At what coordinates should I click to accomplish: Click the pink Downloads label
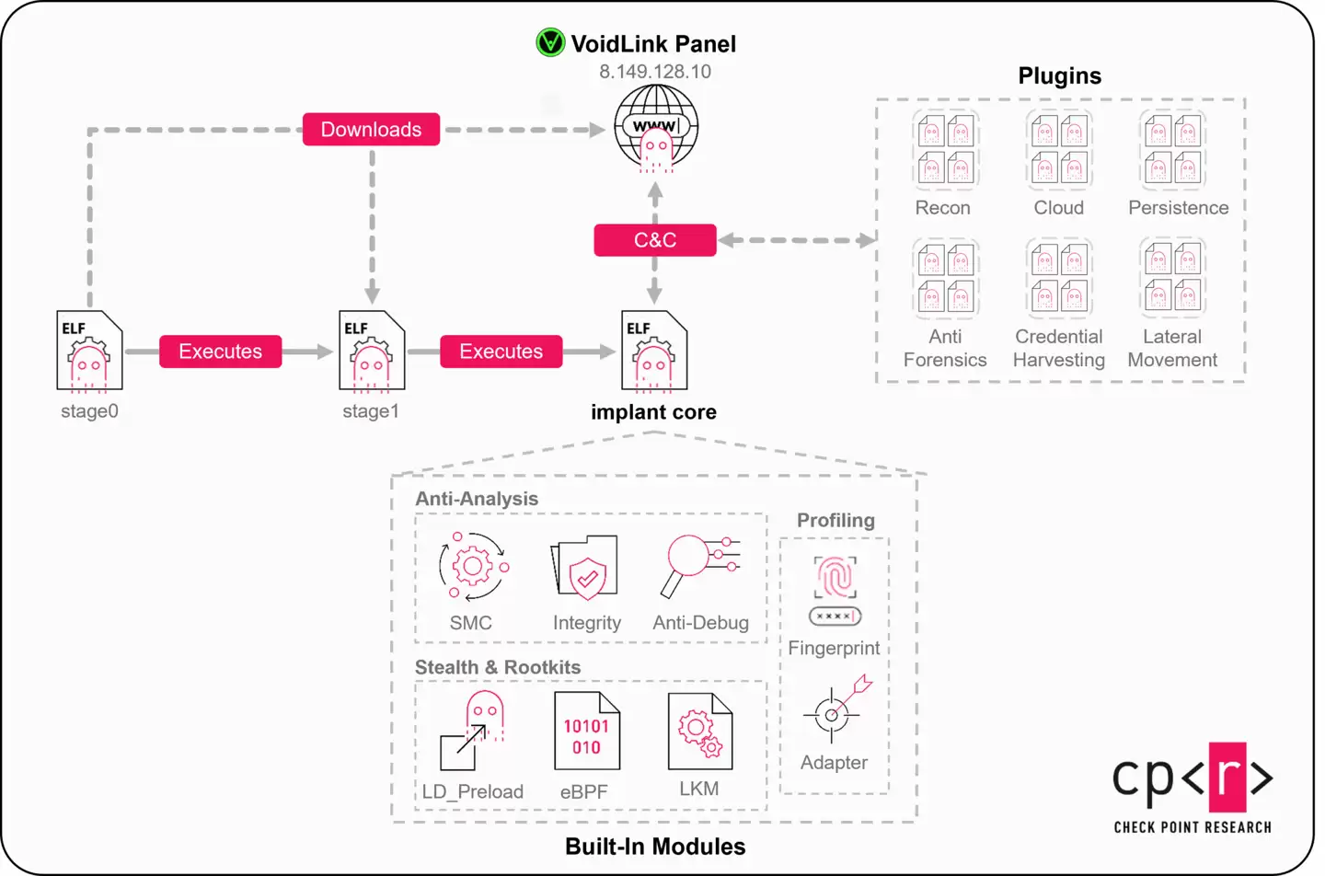click(x=371, y=130)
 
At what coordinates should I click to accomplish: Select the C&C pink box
click(x=654, y=240)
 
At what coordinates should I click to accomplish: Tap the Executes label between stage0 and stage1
click(x=220, y=352)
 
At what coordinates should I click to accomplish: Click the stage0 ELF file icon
click(x=89, y=352)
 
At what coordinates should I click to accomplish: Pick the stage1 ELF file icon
click(x=372, y=352)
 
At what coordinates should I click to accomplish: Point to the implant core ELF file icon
click(x=654, y=352)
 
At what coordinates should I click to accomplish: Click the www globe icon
click(x=656, y=128)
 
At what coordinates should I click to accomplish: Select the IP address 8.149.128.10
click(x=655, y=72)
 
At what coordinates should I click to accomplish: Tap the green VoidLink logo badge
click(x=550, y=42)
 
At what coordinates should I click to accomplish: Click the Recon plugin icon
click(x=945, y=149)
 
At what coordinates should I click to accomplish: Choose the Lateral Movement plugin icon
click(x=1172, y=277)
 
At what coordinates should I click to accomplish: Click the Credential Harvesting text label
click(x=1058, y=348)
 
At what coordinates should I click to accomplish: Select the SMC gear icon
click(x=473, y=566)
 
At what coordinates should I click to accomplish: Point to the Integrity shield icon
click(x=585, y=568)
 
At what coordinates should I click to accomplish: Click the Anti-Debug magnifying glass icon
click(x=699, y=564)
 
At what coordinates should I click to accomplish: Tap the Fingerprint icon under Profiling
click(x=835, y=590)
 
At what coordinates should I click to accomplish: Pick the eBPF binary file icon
click(x=586, y=732)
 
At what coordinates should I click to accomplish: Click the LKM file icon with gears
click(x=699, y=732)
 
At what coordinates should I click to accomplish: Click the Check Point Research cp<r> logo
click(x=1192, y=788)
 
